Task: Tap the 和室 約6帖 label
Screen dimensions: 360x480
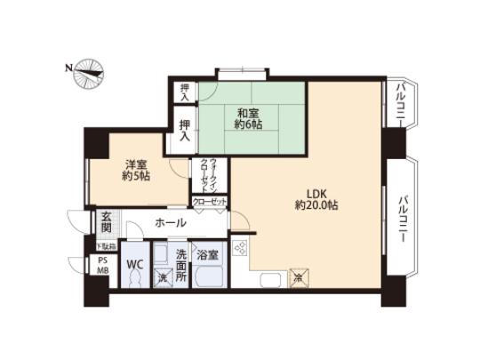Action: (248, 119)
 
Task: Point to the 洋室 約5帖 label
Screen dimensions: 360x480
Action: (136, 169)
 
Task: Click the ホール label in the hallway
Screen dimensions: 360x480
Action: (170, 222)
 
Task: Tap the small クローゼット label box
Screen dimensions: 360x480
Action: (210, 204)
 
